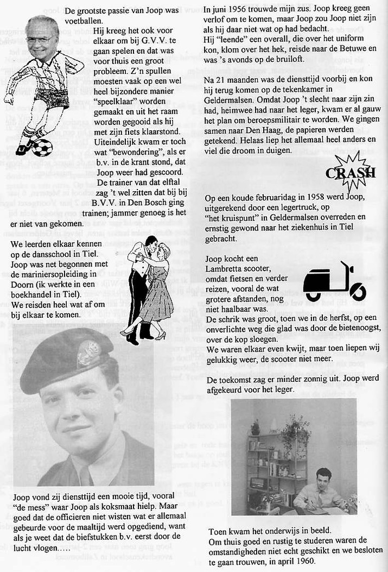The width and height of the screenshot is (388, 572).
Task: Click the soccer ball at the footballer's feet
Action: coord(41,147)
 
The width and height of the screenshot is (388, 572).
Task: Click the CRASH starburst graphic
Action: coord(350,172)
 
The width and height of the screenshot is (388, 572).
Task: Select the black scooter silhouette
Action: coord(334,281)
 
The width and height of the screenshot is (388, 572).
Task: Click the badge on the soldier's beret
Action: coord(88,353)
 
